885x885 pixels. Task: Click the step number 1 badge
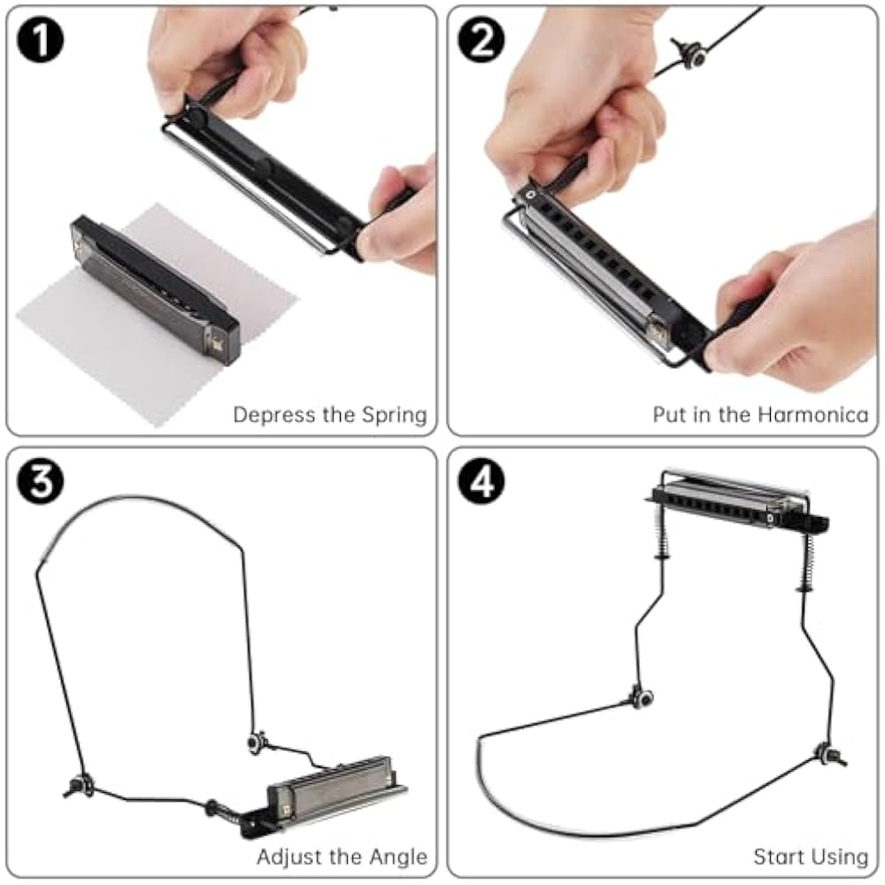40,40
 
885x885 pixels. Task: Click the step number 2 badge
481,40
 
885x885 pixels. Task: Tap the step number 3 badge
40,481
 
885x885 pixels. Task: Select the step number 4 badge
481,481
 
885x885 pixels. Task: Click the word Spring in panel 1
394,415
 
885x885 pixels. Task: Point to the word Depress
274,415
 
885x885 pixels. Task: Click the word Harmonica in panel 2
812,415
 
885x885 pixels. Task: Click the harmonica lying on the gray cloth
155,289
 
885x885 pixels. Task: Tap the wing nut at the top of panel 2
691,54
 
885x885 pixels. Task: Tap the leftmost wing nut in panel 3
78,786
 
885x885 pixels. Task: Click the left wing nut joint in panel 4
642,698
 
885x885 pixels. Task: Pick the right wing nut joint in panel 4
830,755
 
